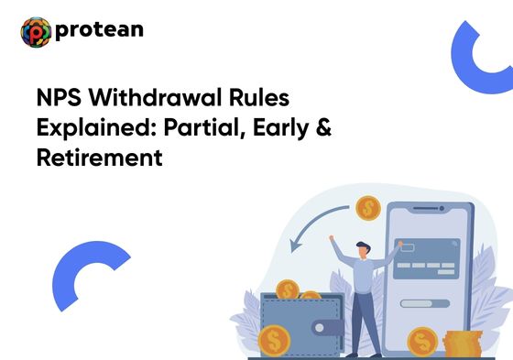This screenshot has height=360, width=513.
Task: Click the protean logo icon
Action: click(x=36, y=32)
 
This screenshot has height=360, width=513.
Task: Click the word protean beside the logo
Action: click(x=99, y=30)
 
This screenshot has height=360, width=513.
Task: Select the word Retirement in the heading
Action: click(x=99, y=158)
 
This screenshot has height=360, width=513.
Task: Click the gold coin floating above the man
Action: click(x=368, y=207)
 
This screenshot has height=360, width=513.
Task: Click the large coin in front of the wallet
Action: click(x=274, y=342)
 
